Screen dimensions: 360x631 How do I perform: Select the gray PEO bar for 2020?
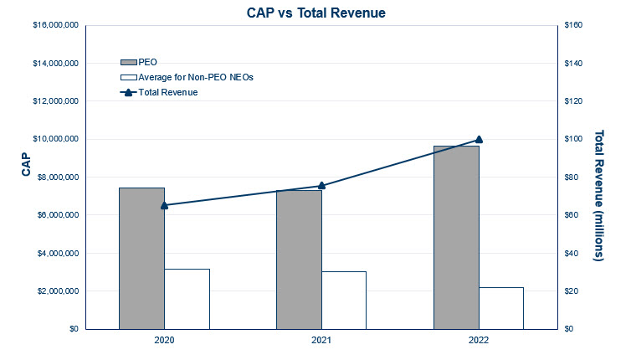pos(142,258)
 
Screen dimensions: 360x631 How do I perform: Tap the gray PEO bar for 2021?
pos(299,260)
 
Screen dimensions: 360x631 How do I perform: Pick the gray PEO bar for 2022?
pos(456,237)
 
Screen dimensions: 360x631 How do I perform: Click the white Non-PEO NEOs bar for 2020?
pos(187,299)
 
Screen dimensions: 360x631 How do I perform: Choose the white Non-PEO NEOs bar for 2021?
pos(344,300)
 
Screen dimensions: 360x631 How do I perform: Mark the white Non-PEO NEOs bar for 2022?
pos(500,308)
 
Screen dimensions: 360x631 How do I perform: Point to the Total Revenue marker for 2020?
pos(164,205)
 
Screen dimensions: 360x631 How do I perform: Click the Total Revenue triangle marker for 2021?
pos(321,186)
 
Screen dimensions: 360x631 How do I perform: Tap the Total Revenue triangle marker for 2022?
pos(479,139)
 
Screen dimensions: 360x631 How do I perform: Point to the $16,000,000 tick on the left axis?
pos(55,25)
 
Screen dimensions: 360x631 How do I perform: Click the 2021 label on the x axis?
pos(321,342)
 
